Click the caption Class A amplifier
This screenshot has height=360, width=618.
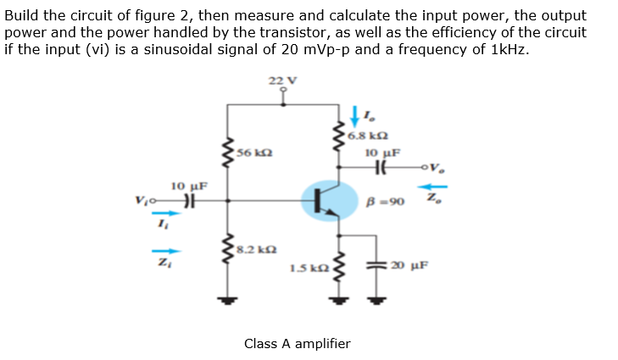click(x=297, y=343)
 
